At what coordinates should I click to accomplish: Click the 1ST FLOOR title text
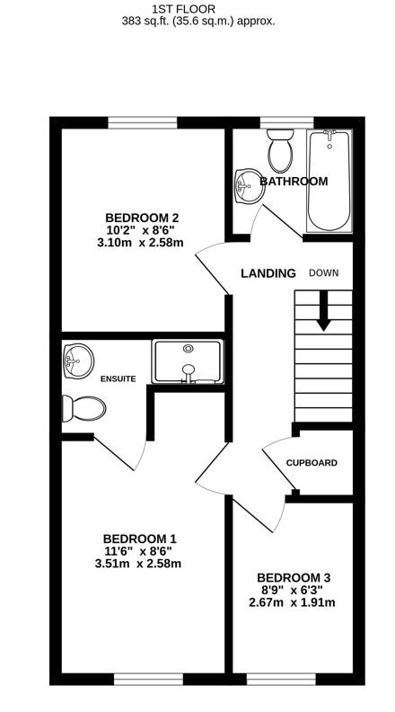(x=197, y=8)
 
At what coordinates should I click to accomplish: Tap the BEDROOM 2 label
(x=142, y=217)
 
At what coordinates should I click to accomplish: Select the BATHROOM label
(x=294, y=182)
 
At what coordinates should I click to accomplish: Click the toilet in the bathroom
(x=281, y=152)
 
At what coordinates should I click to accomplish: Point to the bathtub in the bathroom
(x=330, y=180)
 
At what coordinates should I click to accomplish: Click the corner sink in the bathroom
(x=245, y=187)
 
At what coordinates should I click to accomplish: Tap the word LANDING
(x=268, y=273)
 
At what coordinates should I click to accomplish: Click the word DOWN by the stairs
(x=324, y=272)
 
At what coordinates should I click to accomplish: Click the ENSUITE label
(x=118, y=379)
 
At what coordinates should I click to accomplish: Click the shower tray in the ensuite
(x=188, y=361)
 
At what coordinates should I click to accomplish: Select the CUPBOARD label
(x=312, y=463)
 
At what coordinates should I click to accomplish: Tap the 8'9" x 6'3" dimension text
(x=293, y=590)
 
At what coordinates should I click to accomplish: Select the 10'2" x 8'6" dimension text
(x=142, y=230)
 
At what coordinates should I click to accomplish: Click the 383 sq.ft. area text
(x=197, y=21)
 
